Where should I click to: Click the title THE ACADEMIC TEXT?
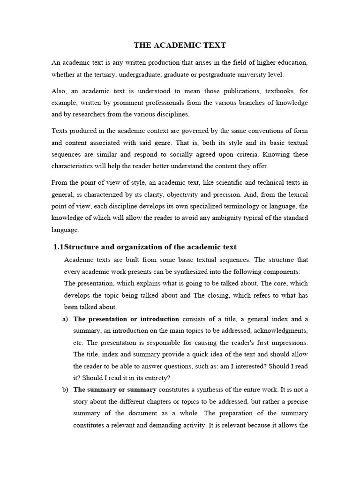click(x=180, y=45)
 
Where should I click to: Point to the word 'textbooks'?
click(x=271, y=91)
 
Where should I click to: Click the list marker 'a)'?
click(x=65, y=319)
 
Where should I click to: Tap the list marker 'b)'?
click(x=65, y=390)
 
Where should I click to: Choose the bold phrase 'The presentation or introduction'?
click(x=126, y=319)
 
